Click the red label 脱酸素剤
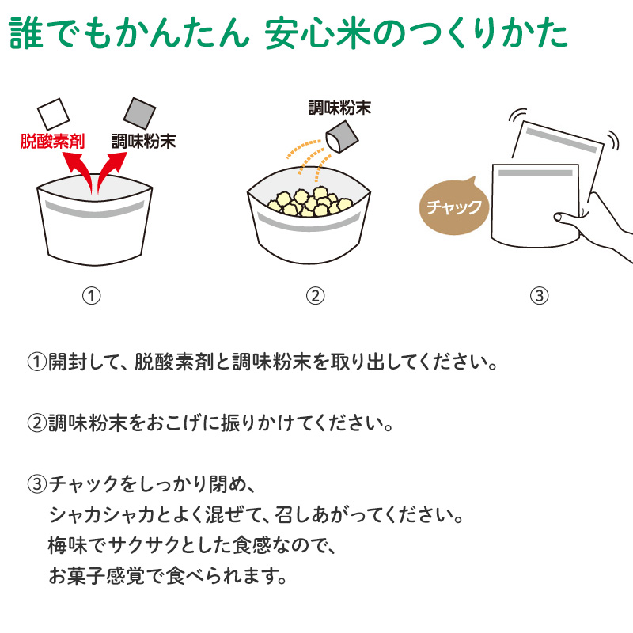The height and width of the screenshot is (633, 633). pos(52,142)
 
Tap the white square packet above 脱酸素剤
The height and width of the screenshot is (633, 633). pos(53,113)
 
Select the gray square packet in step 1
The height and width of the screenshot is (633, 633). pos(139,113)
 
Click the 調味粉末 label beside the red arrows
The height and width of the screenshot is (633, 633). pos(144,142)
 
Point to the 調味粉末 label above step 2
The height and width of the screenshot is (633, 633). pos(339,108)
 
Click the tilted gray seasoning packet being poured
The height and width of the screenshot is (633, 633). pos(342,137)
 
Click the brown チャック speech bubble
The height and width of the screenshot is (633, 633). pos(453,207)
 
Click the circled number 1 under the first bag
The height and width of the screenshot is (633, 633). pos(92,295)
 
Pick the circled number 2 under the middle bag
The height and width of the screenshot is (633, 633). pos(315,295)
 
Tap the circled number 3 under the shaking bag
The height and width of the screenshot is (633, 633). pos(540,295)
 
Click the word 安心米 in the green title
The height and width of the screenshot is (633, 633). pos(318,33)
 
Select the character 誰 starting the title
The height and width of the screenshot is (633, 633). pos(26,33)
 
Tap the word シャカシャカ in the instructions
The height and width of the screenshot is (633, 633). pos(102,515)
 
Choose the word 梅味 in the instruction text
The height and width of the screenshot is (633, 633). pos(67,545)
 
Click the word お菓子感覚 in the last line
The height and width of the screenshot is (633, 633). pos(97,576)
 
